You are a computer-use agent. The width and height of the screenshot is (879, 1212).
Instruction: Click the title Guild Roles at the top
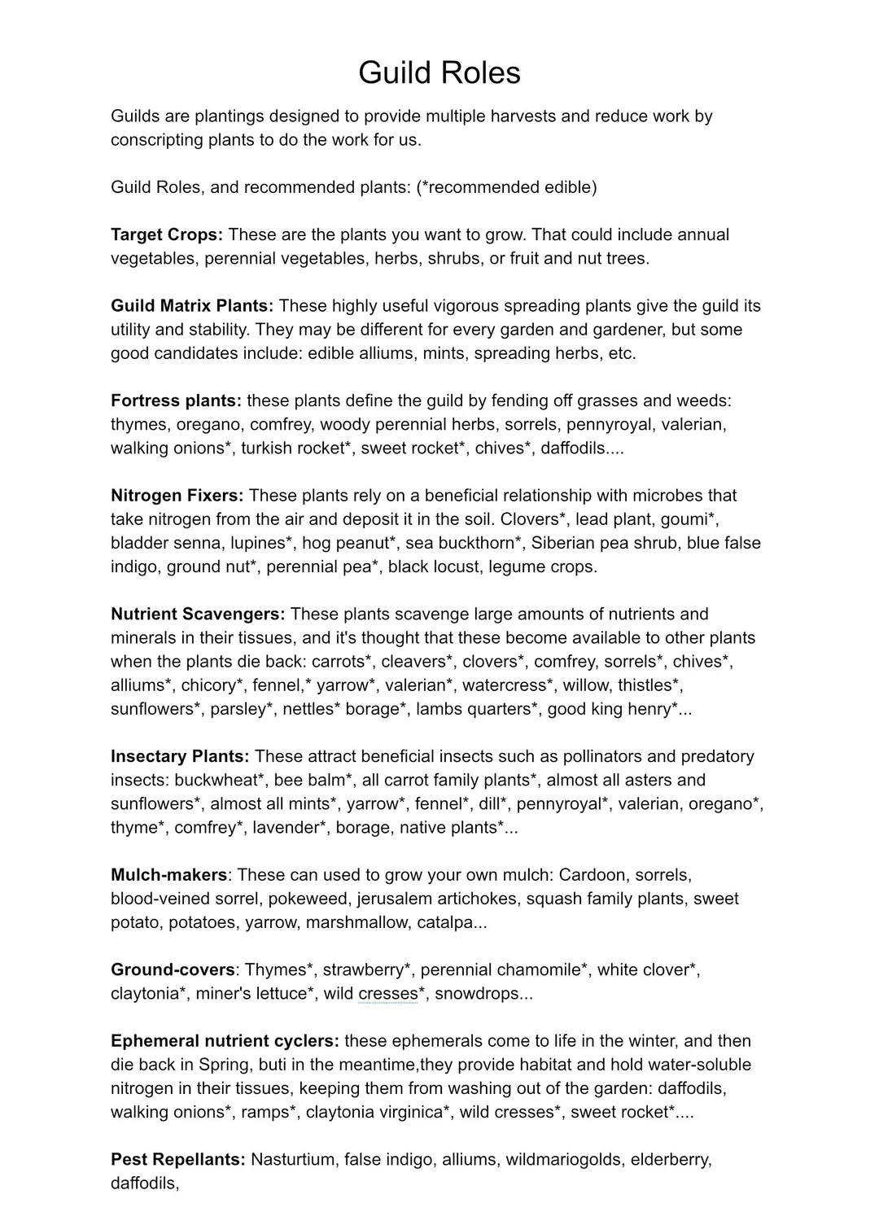(x=439, y=73)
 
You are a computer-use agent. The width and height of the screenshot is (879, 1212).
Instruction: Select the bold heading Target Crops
(x=166, y=235)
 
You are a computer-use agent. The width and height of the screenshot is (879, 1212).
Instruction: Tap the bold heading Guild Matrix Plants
(x=192, y=306)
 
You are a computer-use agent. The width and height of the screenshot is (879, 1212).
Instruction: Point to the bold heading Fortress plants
(x=176, y=401)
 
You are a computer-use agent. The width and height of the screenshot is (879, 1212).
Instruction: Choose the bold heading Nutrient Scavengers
(x=198, y=615)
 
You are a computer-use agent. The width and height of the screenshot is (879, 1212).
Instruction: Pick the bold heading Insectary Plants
(x=180, y=757)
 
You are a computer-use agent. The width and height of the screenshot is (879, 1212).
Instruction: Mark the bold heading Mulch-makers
(x=168, y=876)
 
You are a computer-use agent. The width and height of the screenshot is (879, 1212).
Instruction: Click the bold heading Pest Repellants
(x=177, y=1160)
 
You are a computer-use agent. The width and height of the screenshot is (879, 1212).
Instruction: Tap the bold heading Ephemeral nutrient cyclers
(x=225, y=1042)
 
